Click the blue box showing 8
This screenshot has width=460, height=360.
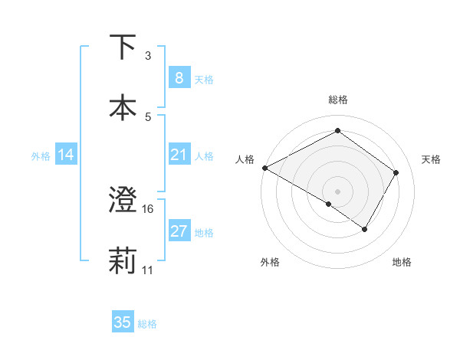pyautogui.click(x=179, y=78)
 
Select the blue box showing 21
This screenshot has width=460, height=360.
pyautogui.click(x=179, y=155)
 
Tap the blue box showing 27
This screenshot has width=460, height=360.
pyautogui.click(x=179, y=231)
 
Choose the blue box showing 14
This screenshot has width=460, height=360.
pyautogui.click(x=66, y=155)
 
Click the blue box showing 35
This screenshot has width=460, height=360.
pyautogui.click(x=123, y=322)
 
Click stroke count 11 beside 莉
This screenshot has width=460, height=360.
pyautogui.click(x=148, y=270)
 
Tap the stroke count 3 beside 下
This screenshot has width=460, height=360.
pyautogui.click(x=148, y=56)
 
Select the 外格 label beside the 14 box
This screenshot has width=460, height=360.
pyautogui.click(x=41, y=156)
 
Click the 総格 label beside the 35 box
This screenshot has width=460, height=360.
pyautogui.click(x=147, y=324)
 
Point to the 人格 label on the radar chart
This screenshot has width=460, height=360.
pyautogui.click(x=245, y=159)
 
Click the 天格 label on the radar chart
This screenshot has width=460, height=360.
pyautogui.click(x=432, y=159)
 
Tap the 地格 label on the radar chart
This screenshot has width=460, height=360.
pyautogui.click(x=402, y=262)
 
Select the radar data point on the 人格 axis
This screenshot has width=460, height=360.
pyautogui.click(x=264, y=168)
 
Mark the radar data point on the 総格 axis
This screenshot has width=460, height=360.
pyautogui.click(x=337, y=130)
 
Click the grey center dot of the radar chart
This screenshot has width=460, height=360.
pyautogui.click(x=337, y=191)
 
